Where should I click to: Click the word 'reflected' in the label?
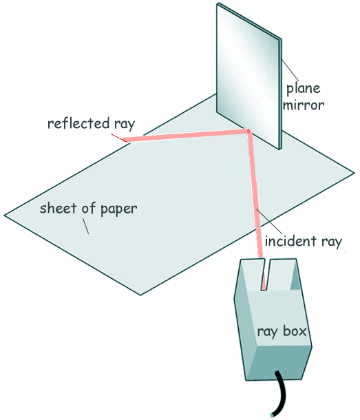tap(78, 123)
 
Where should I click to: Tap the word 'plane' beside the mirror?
tap(304, 89)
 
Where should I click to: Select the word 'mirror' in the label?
tap(304, 105)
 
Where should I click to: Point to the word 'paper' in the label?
tap(119, 209)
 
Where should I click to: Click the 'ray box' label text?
tap(282, 332)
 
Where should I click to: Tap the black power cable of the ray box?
tap(279, 393)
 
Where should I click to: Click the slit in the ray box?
tap(266, 274)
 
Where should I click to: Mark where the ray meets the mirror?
tap(248, 132)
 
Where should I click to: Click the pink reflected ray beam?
tap(187, 136)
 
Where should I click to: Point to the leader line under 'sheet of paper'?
tap(85, 227)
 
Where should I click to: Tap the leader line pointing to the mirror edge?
tap(290, 70)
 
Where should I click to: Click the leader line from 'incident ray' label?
tap(268, 222)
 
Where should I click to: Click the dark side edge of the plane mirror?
tap(280, 94)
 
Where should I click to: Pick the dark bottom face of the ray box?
tap(279, 362)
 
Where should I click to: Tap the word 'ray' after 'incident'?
tap(332, 242)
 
